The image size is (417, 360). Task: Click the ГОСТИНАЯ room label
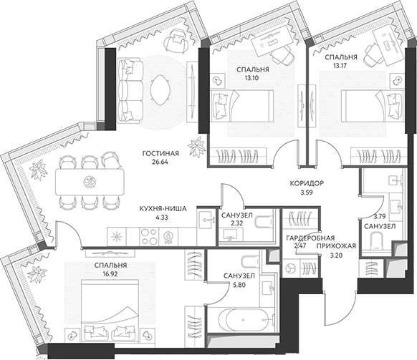pyautogui.click(x=160, y=154)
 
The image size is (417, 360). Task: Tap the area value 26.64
pyautogui.click(x=160, y=162)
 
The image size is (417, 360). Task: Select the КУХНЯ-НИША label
pyautogui.click(x=163, y=209)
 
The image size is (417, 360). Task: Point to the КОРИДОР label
pyautogui.click(x=307, y=183)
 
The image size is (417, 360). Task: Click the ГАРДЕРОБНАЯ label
pyautogui.click(x=310, y=238)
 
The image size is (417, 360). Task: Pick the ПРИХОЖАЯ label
pyautogui.click(x=336, y=246)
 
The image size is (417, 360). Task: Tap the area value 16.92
pyautogui.click(x=110, y=273)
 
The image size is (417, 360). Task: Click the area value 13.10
pyautogui.click(x=252, y=78)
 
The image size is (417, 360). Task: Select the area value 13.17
pyautogui.click(x=340, y=66)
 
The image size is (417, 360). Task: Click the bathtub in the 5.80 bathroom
pyautogui.click(x=246, y=320)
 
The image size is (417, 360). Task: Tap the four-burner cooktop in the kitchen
pyautogui.click(x=148, y=236)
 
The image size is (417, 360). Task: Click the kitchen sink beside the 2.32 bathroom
pyautogui.click(x=206, y=220)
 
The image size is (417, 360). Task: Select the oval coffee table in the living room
pyautogui.click(x=159, y=90)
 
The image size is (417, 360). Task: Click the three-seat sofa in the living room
pyautogui.click(x=130, y=90)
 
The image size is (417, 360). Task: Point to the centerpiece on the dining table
pyautogui.click(x=89, y=183)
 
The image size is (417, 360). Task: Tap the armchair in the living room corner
pyautogui.click(x=176, y=41)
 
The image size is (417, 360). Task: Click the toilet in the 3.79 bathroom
pyautogui.click(x=375, y=240)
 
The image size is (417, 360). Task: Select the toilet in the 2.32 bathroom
pyautogui.click(x=264, y=221)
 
